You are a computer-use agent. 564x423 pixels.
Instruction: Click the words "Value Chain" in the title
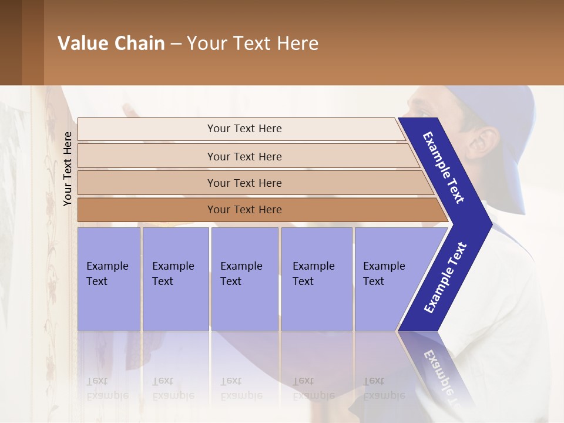tap(111, 43)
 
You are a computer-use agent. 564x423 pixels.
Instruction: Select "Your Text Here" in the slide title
tap(253, 43)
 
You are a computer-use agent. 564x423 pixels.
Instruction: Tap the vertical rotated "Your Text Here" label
tap(68, 169)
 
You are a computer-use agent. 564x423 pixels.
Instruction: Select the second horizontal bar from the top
tap(244, 156)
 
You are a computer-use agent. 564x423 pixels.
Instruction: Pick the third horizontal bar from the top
tap(244, 183)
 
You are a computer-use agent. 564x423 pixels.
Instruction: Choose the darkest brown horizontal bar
tap(244, 210)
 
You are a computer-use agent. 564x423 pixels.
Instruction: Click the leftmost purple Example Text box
tap(109, 278)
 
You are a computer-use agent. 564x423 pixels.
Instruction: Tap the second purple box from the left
tap(175, 278)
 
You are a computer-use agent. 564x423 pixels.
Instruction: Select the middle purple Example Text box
tap(244, 278)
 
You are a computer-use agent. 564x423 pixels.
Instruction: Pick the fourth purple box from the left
tap(316, 278)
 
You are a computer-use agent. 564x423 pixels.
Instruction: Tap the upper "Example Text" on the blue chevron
tap(444, 167)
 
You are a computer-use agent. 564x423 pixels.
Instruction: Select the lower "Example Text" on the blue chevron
tap(445, 278)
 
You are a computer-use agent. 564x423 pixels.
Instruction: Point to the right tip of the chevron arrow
tap(491, 224)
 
